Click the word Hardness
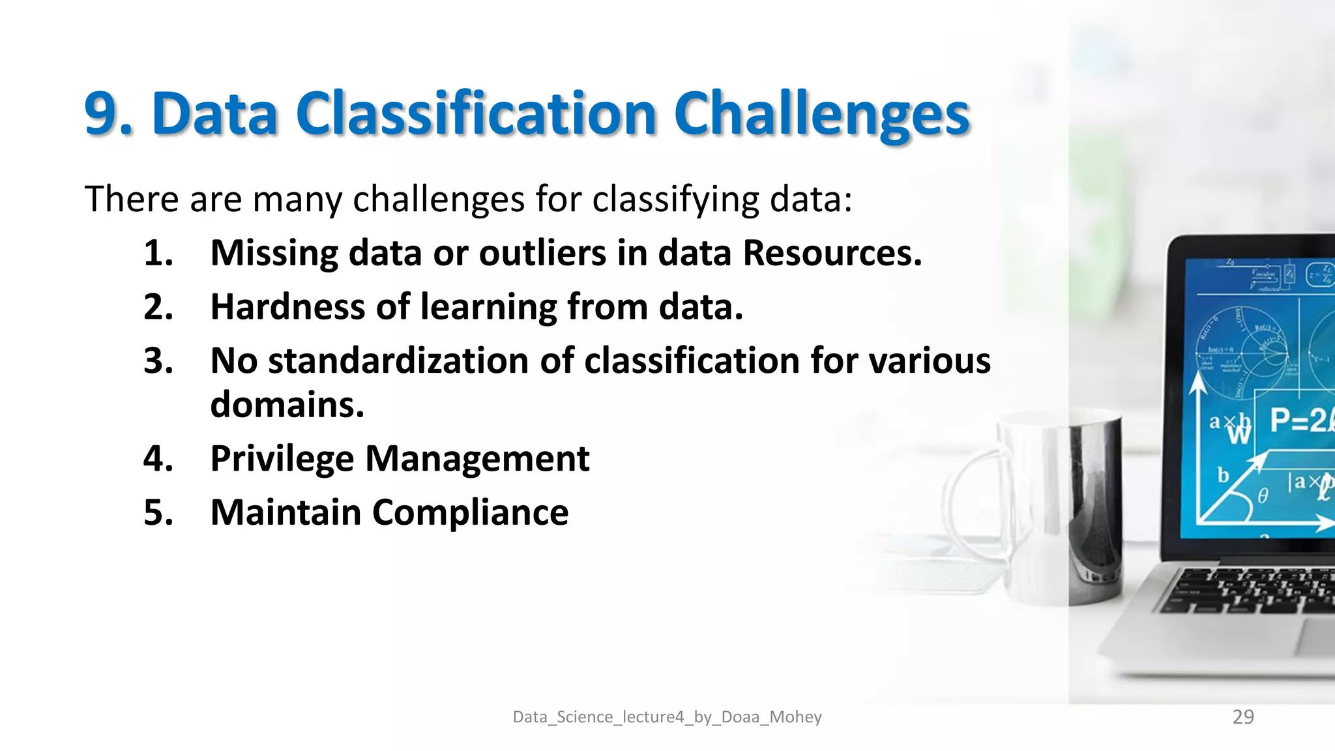pyautogui.click(x=287, y=307)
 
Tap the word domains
pyautogui.click(x=287, y=405)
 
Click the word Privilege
pyautogui.click(x=282, y=459)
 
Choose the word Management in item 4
pyautogui.click(x=477, y=459)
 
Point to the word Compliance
pyautogui.click(x=470, y=512)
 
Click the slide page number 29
pyautogui.click(x=1243, y=717)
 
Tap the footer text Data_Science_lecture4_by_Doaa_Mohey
pyautogui.click(x=667, y=717)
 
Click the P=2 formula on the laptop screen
pyautogui.click(x=1298, y=420)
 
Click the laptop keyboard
pyautogui.click(x=1252, y=590)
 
